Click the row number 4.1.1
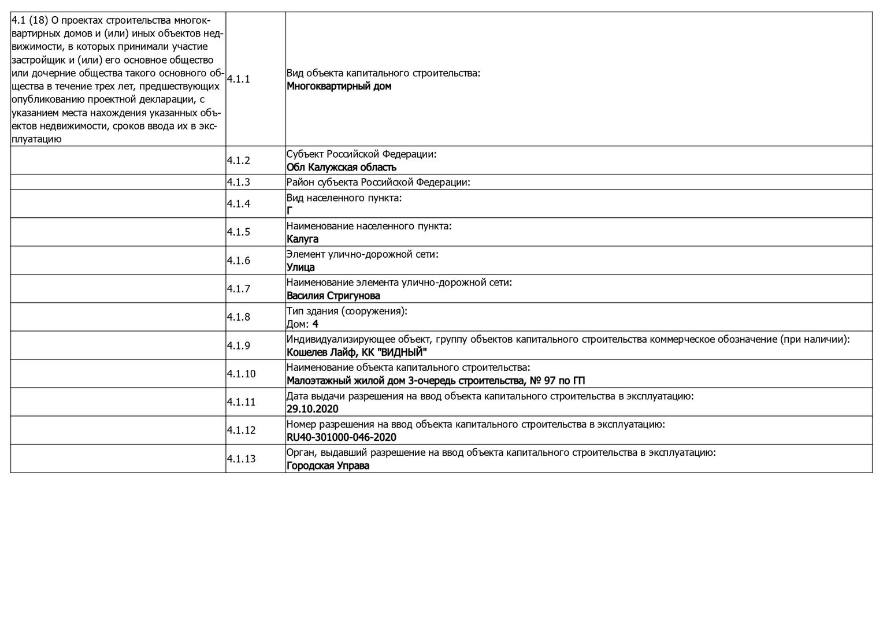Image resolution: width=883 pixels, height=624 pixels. (238, 79)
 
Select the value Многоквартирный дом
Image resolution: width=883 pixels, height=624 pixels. (339, 86)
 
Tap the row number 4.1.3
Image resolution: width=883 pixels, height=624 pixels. (238, 182)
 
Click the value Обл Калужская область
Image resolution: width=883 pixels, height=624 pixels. (342, 168)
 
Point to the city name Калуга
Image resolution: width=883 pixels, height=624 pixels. (302, 239)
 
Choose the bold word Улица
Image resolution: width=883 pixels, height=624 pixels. (300, 268)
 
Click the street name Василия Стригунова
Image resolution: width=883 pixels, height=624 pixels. (333, 296)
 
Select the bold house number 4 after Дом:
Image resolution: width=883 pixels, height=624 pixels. (316, 324)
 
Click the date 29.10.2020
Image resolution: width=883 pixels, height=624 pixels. (313, 409)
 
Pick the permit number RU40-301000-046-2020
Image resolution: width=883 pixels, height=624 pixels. (342, 437)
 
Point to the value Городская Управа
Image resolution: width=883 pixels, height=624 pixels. (328, 466)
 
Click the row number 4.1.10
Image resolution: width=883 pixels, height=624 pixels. (241, 374)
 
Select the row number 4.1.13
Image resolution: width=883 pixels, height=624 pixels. (241, 459)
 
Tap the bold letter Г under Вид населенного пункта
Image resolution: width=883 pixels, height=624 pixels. (290, 211)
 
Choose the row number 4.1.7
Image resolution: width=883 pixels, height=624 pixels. (238, 289)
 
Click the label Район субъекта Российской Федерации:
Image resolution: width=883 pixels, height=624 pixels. (379, 183)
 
